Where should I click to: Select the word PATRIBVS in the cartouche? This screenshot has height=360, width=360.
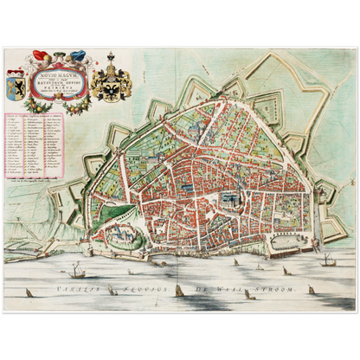click(x=63, y=98)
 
